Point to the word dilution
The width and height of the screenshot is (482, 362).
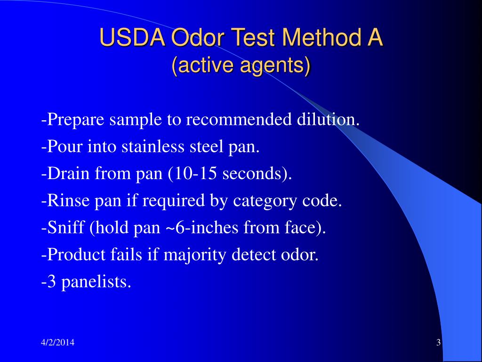[328, 120]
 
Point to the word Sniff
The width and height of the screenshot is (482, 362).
[61, 228]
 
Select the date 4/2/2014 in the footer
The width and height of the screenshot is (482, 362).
[57, 343]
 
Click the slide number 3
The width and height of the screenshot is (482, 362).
[438, 343]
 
